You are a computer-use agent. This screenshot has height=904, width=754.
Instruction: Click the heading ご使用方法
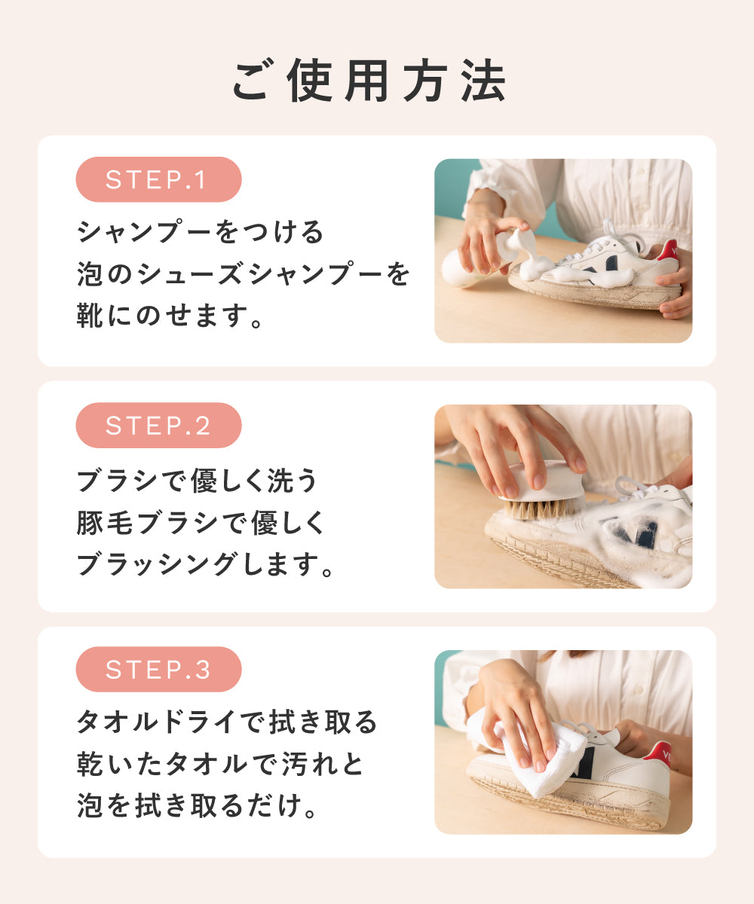(369, 81)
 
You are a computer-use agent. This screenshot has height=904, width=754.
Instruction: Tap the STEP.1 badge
(158, 179)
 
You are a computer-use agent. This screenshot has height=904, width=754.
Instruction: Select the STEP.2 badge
(158, 425)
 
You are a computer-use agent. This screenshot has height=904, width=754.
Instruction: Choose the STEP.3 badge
(158, 670)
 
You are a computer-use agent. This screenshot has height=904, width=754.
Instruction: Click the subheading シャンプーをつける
(201, 231)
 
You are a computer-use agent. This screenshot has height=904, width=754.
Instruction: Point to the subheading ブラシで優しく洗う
(197, 480)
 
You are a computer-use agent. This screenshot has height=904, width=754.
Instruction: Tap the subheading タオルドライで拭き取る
(227, 722)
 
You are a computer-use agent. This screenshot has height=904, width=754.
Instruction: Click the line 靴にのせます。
(170, 315)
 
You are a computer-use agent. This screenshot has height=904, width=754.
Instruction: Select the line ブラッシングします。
(205, 563)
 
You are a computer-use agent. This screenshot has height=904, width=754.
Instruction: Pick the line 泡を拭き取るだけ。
(197, 805)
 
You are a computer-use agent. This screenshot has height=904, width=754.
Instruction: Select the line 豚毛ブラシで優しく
(201, 522)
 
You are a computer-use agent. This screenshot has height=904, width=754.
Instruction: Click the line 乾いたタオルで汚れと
(220, 764)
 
